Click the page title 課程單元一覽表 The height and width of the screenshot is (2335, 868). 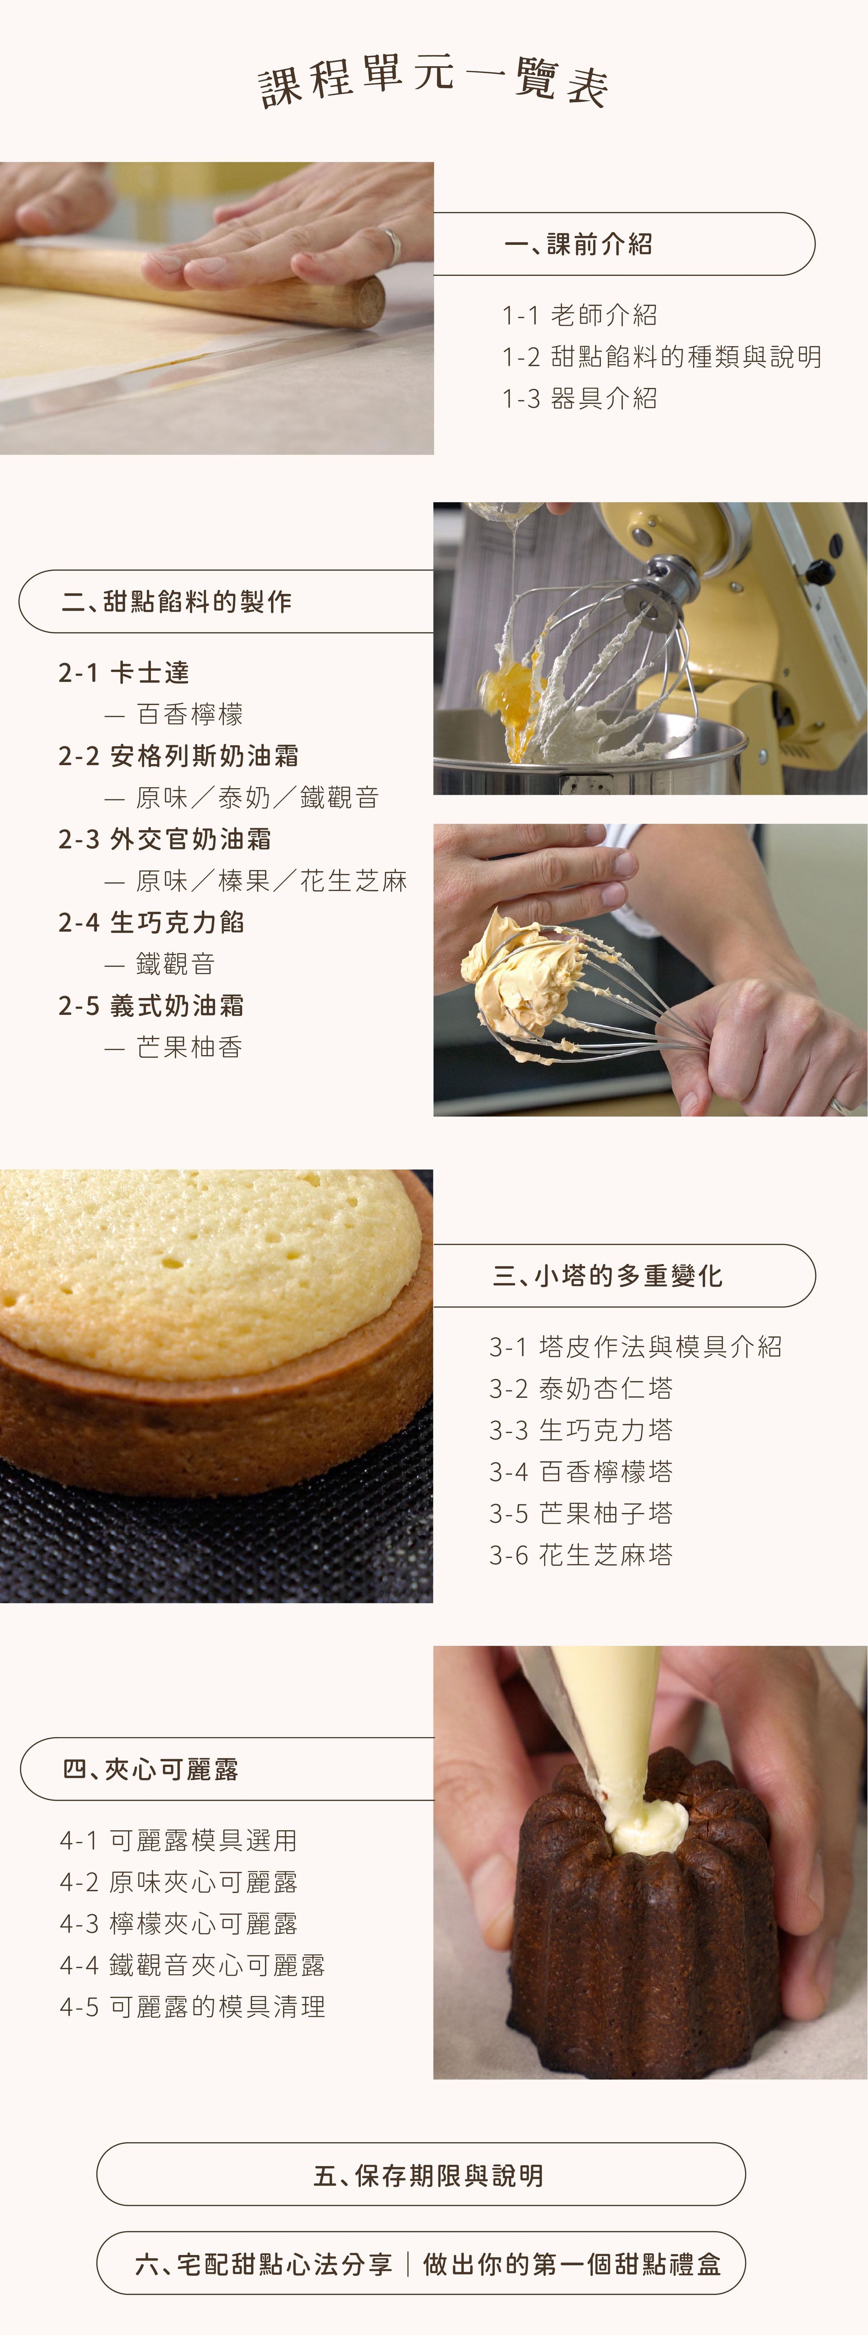(434, 82)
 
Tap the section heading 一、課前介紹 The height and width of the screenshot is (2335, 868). (578, 244)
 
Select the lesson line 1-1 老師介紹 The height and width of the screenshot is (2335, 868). (579, 315)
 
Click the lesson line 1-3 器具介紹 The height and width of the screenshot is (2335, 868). (579, 399)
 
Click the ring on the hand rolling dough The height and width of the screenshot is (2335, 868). (392, 245)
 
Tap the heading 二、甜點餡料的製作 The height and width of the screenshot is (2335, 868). (177, 601)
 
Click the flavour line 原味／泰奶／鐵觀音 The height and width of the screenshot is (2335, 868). (257, 798)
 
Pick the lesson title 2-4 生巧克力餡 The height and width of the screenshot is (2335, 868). (151, 923)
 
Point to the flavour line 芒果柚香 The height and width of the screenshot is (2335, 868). (189, 1048)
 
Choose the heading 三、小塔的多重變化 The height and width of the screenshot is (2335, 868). (607, 1276)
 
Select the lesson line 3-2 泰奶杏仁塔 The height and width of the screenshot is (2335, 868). (580, 1389)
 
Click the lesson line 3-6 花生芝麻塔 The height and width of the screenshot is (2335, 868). (580, 1555)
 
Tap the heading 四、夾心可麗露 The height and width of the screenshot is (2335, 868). (151, 1770)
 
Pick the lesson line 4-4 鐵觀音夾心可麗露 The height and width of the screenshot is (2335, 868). (192, 1965)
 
